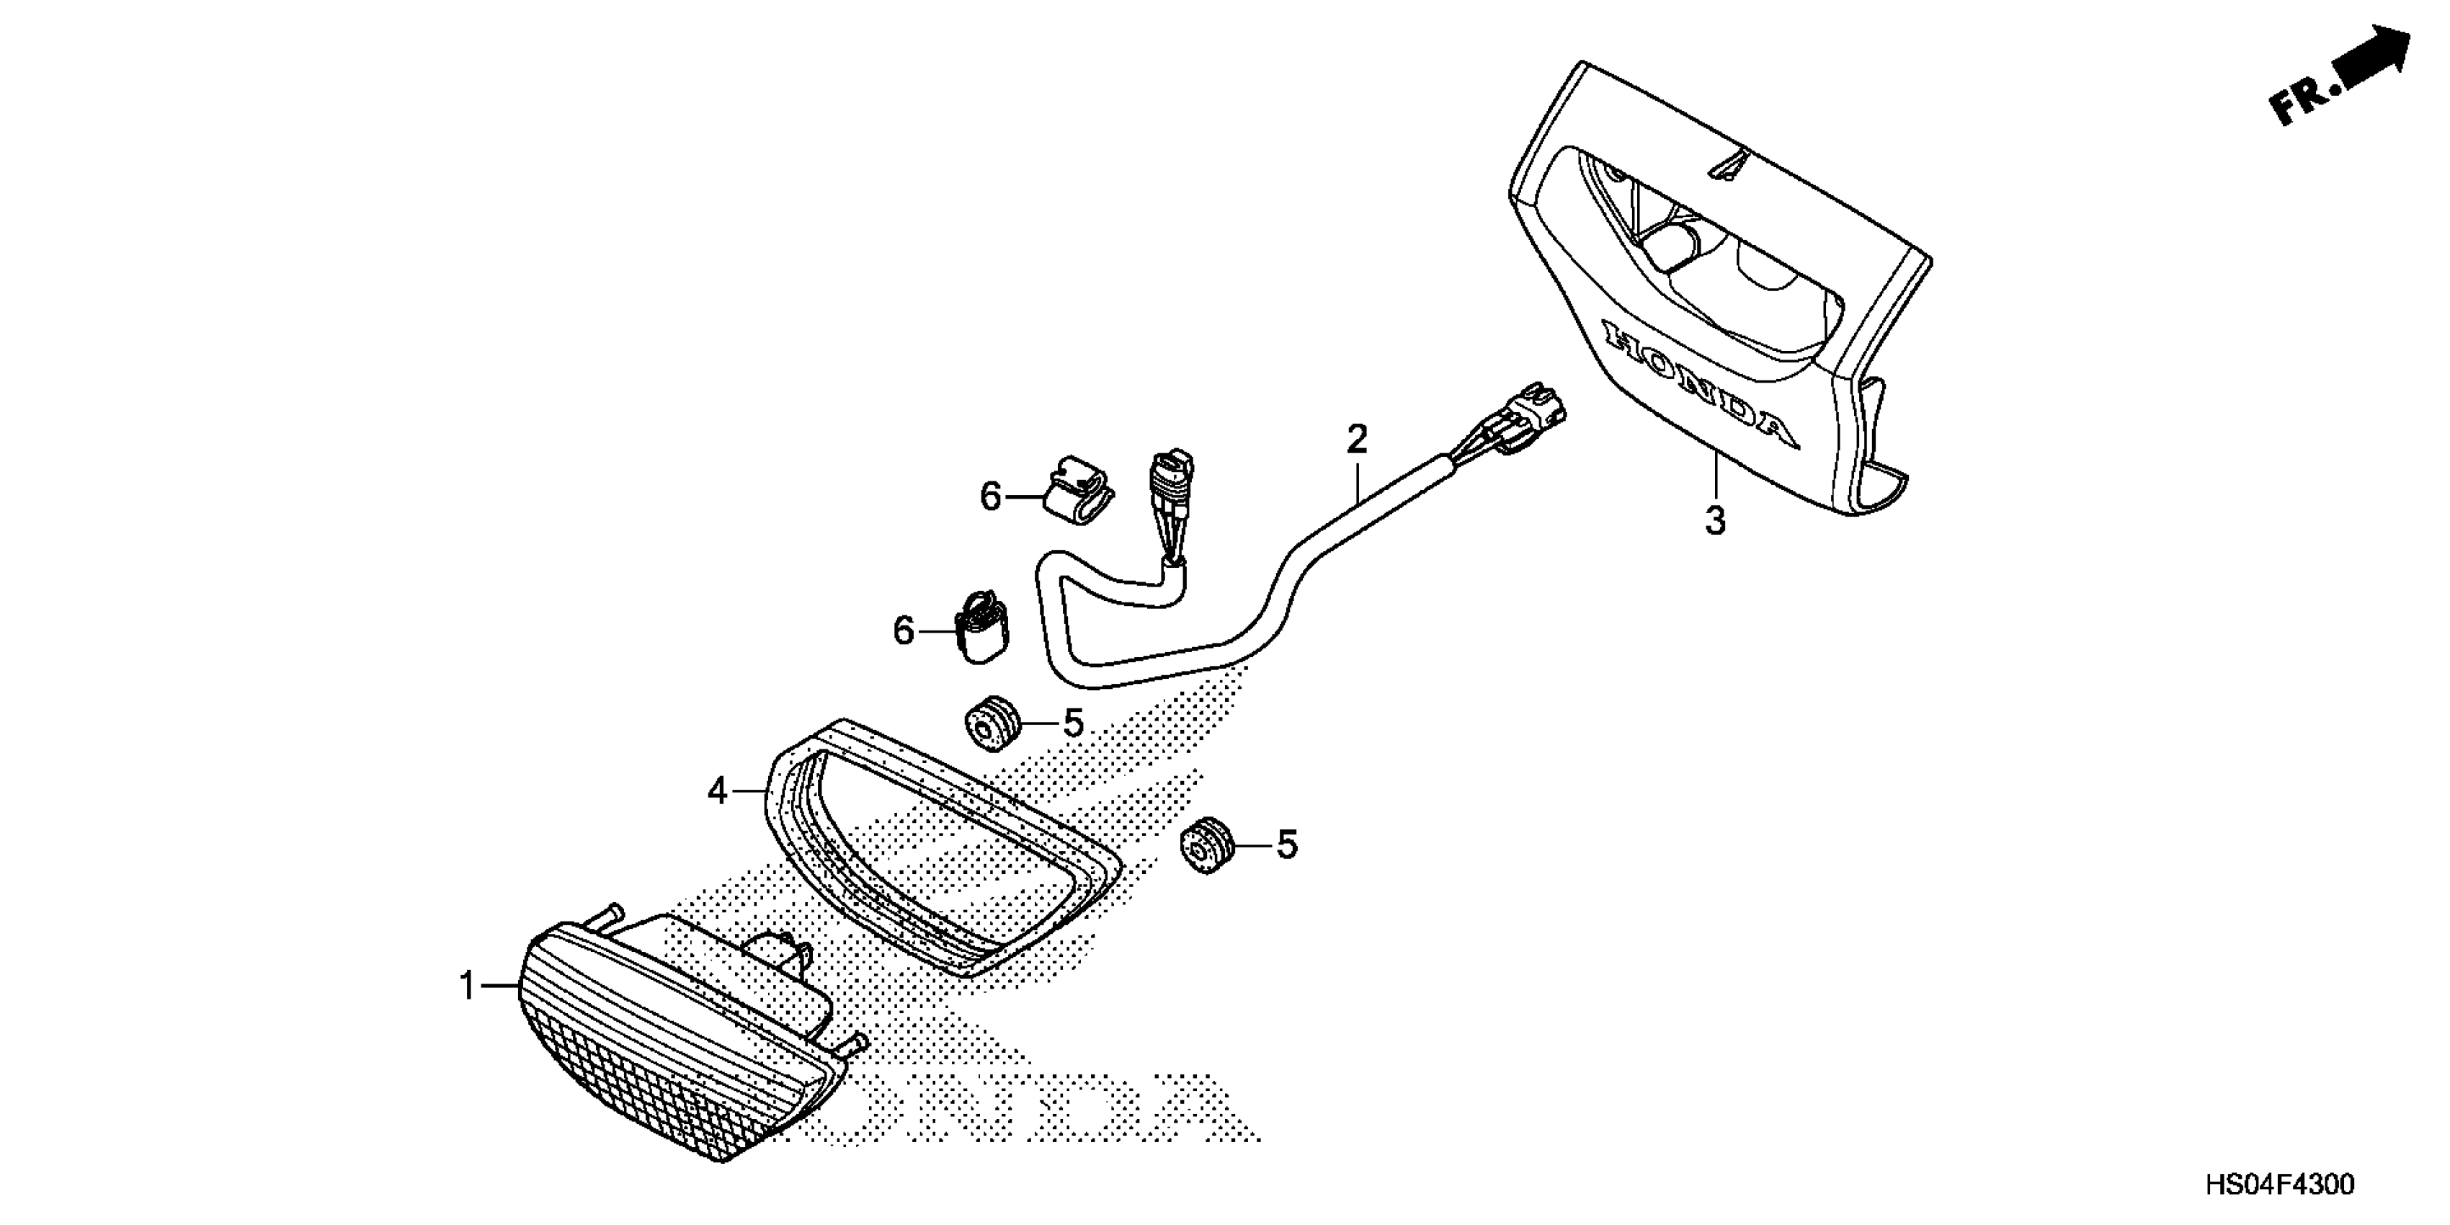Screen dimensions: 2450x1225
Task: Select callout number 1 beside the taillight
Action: coord(467,986)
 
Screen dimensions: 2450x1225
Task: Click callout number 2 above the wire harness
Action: coord(1356,440)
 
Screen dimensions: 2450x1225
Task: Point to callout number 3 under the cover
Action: coord(1715,521)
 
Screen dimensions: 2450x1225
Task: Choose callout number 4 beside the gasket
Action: coord(716,790)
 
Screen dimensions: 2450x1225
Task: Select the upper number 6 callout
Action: coord(991,496)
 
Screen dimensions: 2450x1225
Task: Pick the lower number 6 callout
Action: coord(903,630)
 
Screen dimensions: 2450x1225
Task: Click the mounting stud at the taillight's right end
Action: coord(853,1044)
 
